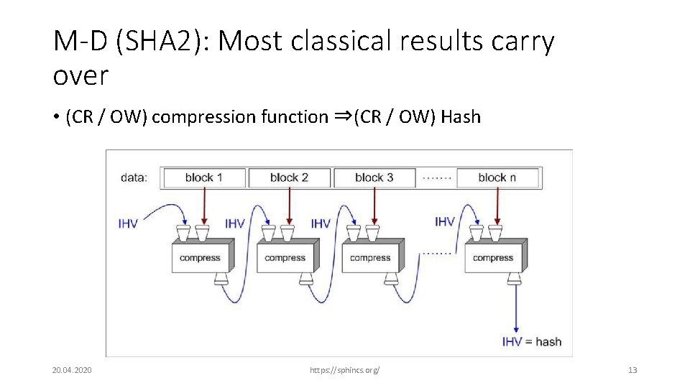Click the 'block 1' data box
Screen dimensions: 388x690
[204, 177]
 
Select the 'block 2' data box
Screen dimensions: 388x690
[289, 177]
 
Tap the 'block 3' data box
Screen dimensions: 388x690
[374, 177]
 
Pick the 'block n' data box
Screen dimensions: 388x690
[498, 177]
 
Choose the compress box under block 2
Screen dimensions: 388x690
[285, 257]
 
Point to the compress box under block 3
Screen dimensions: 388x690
[370, 257]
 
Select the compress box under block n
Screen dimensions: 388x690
[493, 257]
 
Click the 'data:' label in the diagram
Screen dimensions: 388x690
[133, 177]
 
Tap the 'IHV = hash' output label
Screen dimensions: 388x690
[531, 342]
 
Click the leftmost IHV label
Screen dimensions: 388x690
[128, 223]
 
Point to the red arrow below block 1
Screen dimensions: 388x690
[204, 205]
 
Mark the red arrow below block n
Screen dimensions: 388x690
[495, 205]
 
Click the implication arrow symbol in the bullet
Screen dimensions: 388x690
[342, 116]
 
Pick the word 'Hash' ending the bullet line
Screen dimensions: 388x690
[461, 117]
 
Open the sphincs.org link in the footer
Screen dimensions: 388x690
[344, 370]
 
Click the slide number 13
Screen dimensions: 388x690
[632, 370]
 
